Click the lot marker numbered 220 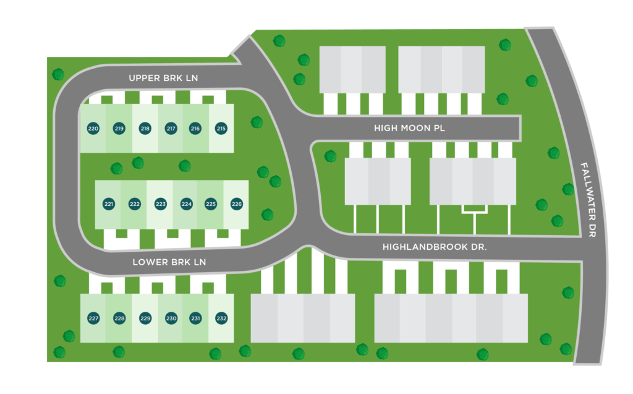[x=93, y=129]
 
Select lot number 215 [x=221, y=129]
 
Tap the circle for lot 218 [x=145, y=129]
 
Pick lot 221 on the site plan [x=109, y=204]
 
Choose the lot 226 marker [x=237, y=204]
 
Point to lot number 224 [x=187, y=204]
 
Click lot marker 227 [x=93, y=318]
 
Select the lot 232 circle [x=221, y=318]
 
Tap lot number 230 [x=171, y=318]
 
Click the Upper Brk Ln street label [x=163, y=78]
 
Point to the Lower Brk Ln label [x=169, y=262]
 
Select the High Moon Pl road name [x=409, y=128]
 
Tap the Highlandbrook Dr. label [x=435, y=247]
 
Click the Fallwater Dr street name [x=588, y=200]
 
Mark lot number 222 [x=135, y=204]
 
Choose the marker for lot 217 [x=171, y=129]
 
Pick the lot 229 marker [x=145, y=318]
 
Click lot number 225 [x=211, y=204]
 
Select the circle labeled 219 [x=119, y=129]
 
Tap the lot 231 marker [x=195, y=318]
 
